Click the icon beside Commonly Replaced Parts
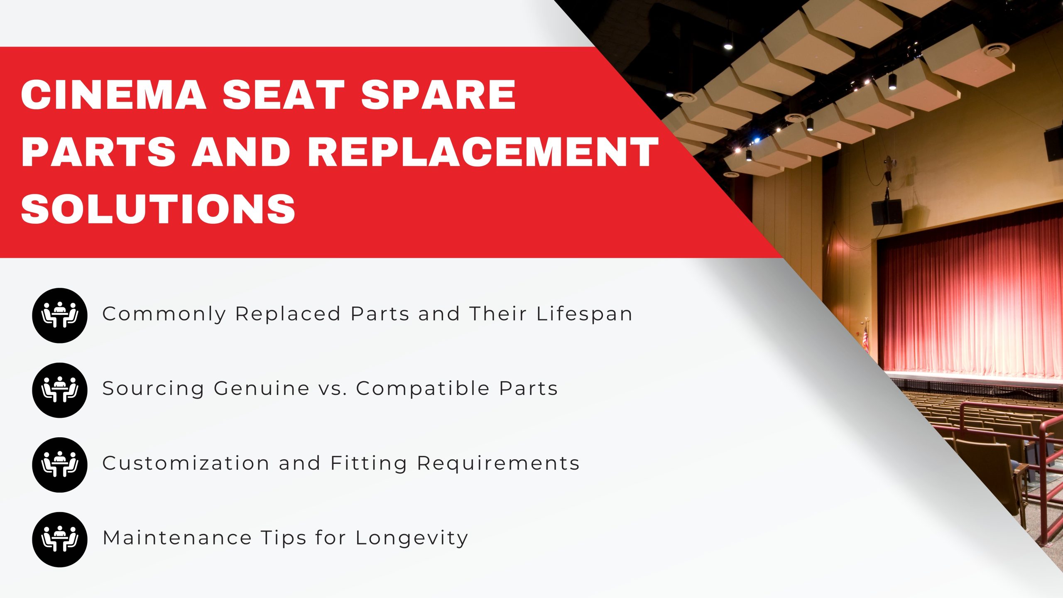pyautogui.click(x=60, y=316)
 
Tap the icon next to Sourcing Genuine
pyautogui.click(x=60, y=390)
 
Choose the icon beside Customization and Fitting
pyautogui.click(x=60, y=465)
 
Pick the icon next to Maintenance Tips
pyautogui.click(x=60, y=539)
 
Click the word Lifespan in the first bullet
pyautogui.click(x=584, y=314)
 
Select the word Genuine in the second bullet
pyautogui.click(x=262, y=389)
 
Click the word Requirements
pyautogui.click(x=498, y=463)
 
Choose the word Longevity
pyautogui.click(x=412, y=538)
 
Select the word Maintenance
pyautogui.click(x=177, y=538)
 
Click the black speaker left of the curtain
pyautogui.click(x=887, y=212)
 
